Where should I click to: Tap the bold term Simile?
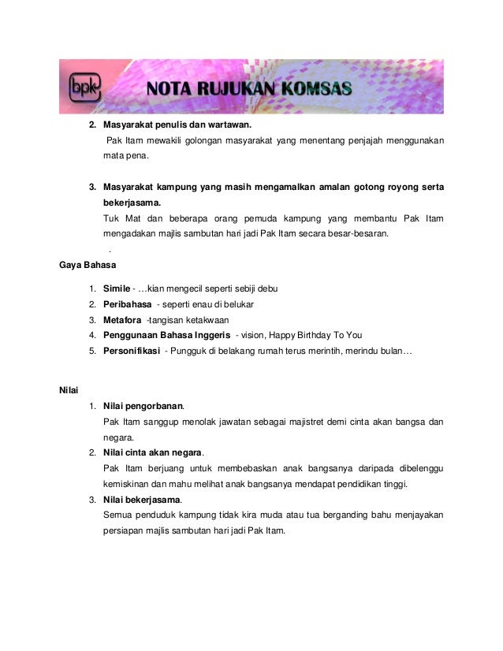116,288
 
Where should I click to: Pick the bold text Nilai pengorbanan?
143,406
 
